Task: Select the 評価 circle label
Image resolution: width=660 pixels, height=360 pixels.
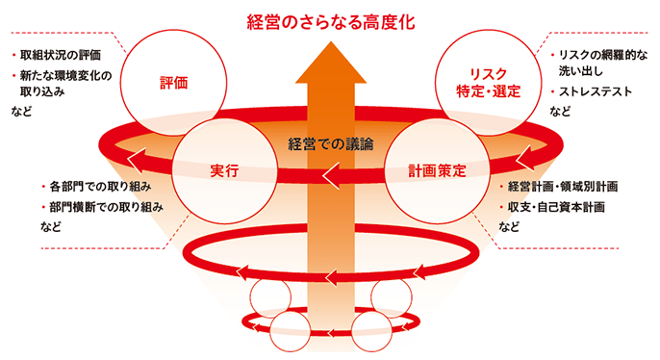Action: tap(173, 83)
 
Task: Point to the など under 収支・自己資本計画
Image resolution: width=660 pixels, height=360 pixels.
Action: tap(509, 228)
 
